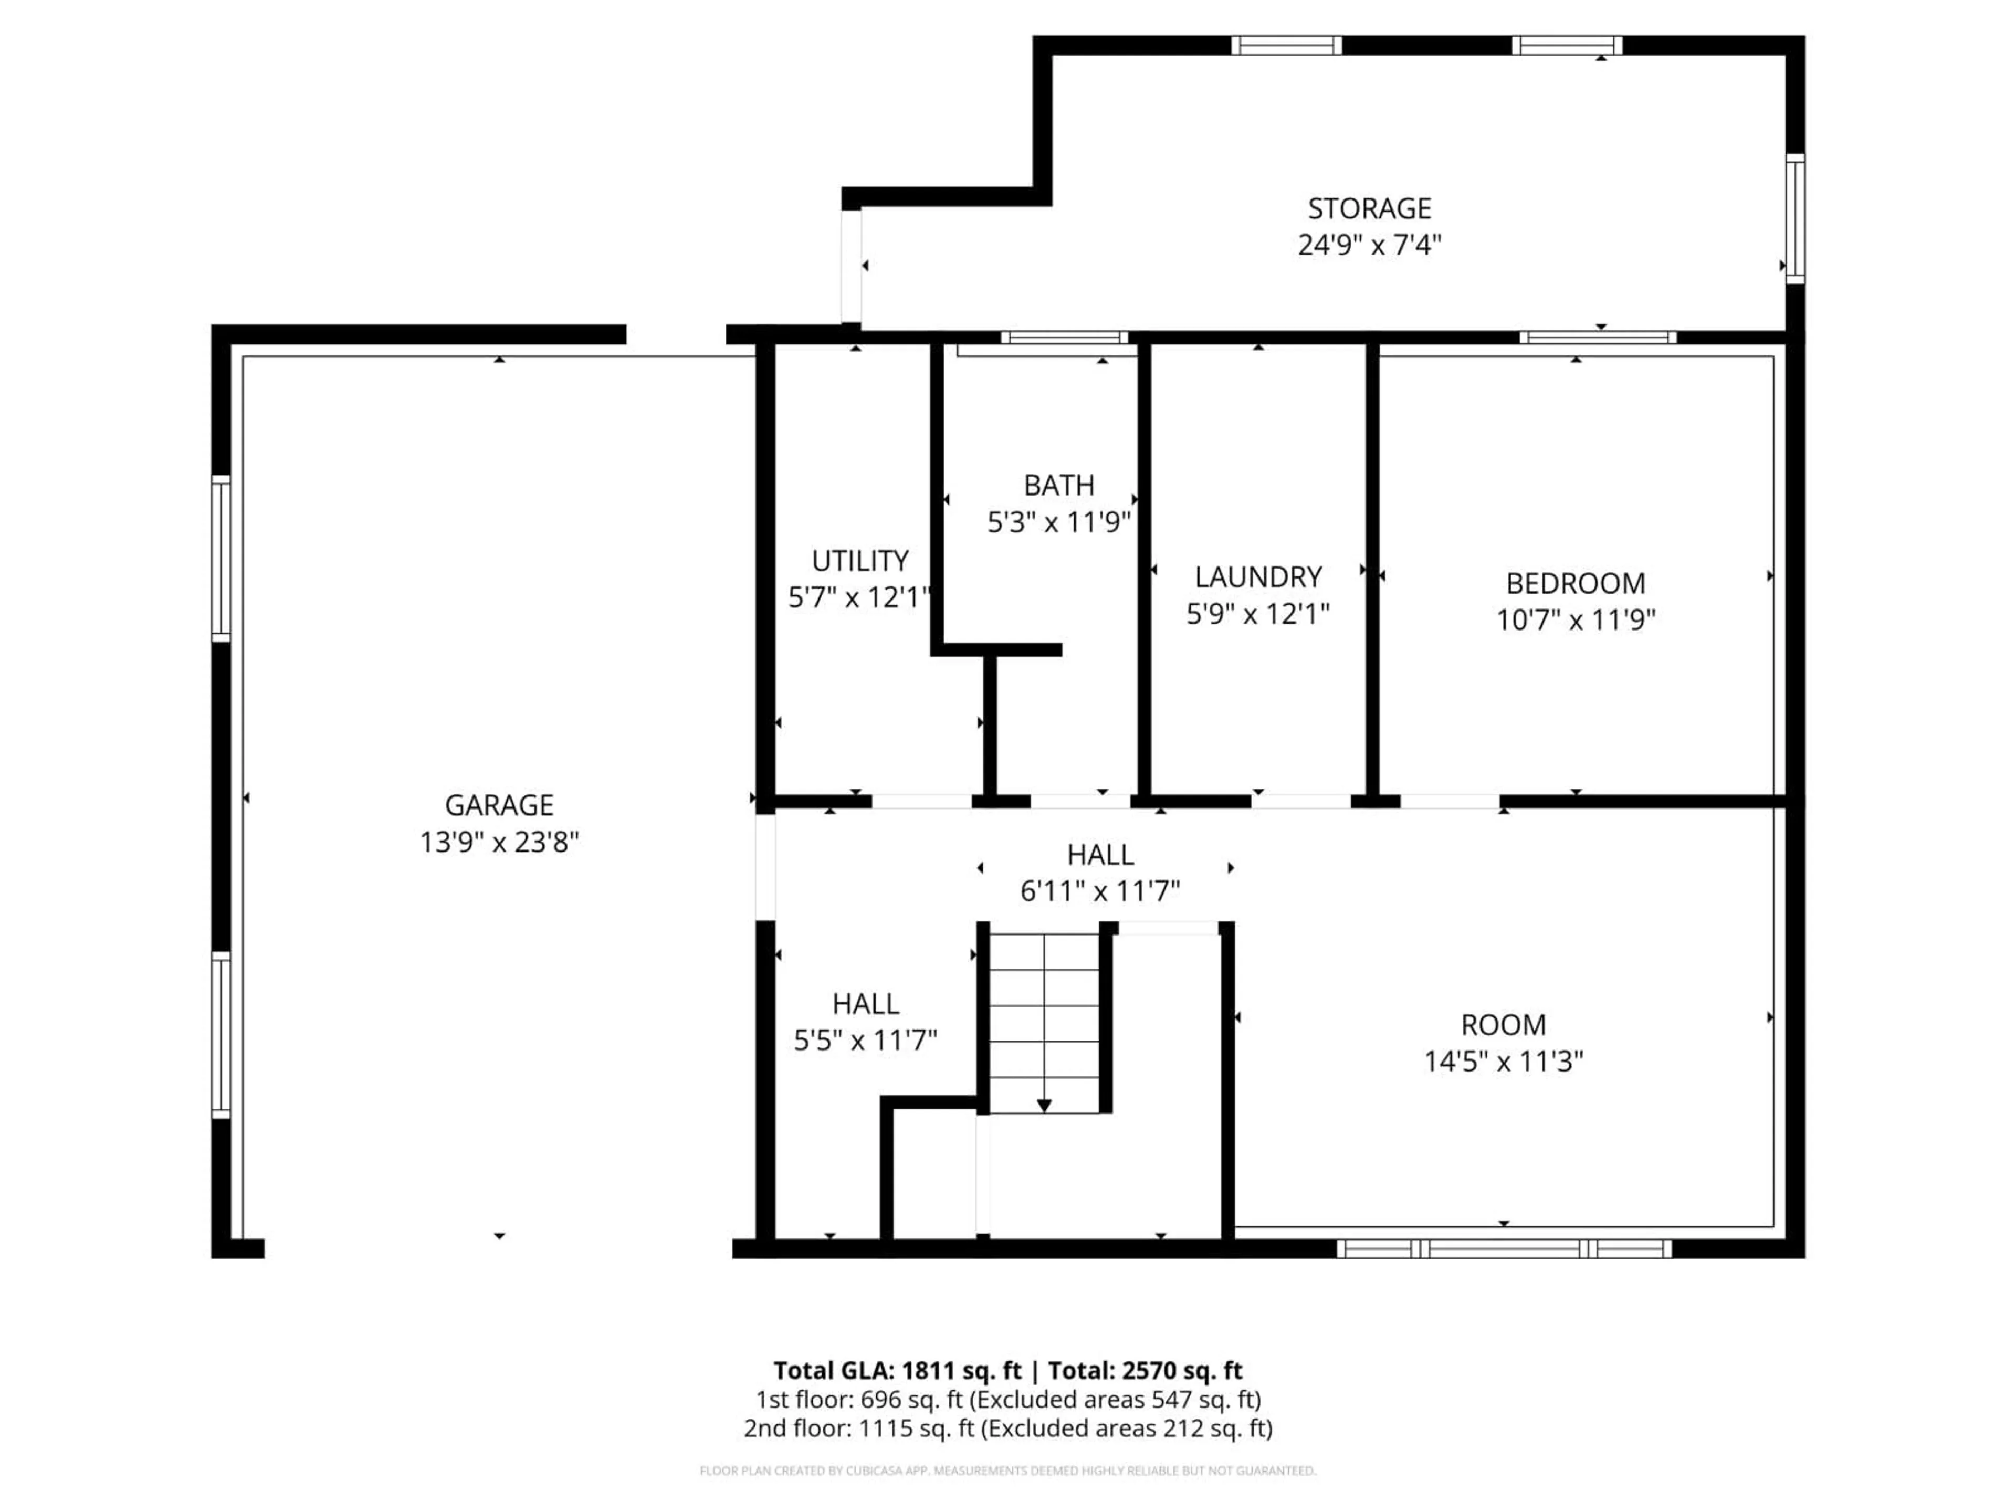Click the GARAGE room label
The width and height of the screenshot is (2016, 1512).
[x=499, y=805]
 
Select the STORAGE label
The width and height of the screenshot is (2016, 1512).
[x=1369, y=209]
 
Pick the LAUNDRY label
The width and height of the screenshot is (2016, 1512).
[x=1258, y=577]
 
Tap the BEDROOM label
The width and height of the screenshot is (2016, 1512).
[x=1575, y=583]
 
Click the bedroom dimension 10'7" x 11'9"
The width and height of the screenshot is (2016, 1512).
[x=1575, y=619]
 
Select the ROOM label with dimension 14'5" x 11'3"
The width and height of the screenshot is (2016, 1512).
[x=1503, y=1024]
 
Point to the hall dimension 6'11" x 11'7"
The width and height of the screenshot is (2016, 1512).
[x=1100, y=890]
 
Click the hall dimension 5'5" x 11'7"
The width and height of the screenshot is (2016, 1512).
[x=865, y=1040]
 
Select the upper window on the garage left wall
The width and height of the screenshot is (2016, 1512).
[x=220, y=558]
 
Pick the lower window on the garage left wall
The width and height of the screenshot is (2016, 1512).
[x=220, y=1034]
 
